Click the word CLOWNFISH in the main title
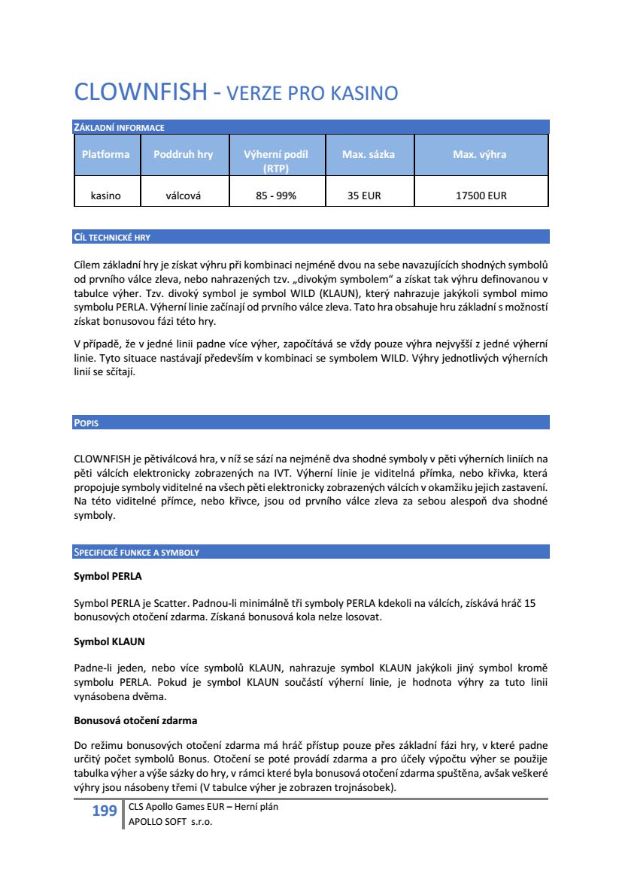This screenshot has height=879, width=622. tap(140, 92)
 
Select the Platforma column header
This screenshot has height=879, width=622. tap(105, 154)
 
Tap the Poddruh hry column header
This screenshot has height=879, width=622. tap(183, 154)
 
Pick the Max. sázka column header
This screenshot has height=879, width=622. tap(368, 154)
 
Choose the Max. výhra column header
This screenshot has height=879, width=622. tap(479, 154)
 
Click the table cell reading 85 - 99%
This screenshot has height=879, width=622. tap(276, 196)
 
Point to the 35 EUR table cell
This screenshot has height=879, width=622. tap(364, 196)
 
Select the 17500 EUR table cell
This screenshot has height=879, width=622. tap(481, 196)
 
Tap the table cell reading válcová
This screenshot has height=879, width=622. tap(184, 196)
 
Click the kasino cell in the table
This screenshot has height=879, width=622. tap(105, 196)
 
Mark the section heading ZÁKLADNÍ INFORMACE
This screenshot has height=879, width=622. tap(119, 128)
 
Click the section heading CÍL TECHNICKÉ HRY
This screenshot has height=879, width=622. tap(112, 238)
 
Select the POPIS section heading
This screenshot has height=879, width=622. tap(86, 423)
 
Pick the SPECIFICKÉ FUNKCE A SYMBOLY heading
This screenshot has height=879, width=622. tap(136, 553)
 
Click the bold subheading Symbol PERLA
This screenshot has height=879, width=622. tap(108, 577)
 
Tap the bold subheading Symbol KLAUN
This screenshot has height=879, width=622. tap(109, 642)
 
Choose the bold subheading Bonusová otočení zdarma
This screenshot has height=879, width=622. tap(135, 720)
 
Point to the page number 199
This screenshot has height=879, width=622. tap(104, 810)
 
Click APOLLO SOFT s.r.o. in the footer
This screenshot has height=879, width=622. tap(171, 822)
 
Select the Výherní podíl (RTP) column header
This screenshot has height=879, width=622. tap(276, 161)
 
